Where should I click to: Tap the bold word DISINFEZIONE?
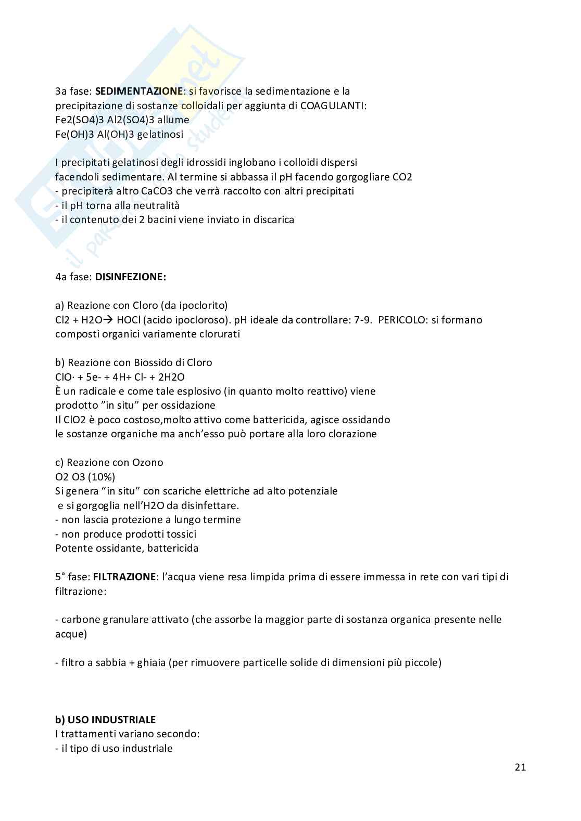pyautogui.click(x=131, y=277)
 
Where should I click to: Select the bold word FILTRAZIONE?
pyautogui.click(x=124, y=577)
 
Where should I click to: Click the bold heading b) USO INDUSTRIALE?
pyautogui.click(x=106, y=720)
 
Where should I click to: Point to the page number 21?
pyautogui.click(x=520, y=767)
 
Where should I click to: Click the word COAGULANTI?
pyautogui.click(x=334, y=106)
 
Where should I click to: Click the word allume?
pyautogui.click(x=173, y=120)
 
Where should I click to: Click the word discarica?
pyautogui.click(x=274, y=219)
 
